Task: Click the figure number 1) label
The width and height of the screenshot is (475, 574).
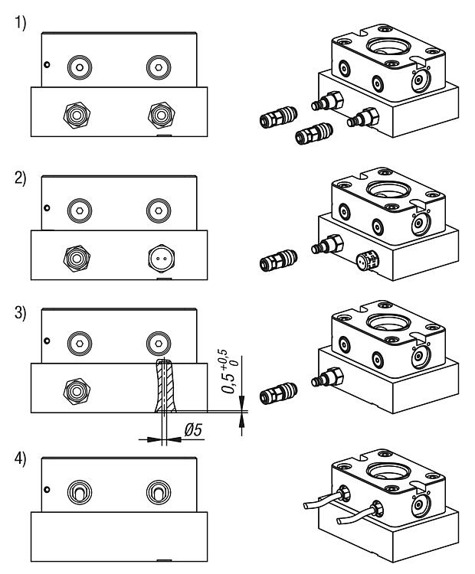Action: click(20, 23)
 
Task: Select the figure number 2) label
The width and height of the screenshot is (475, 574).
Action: click(20, 178)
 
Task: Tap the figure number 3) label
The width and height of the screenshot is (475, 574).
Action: click(20, 313)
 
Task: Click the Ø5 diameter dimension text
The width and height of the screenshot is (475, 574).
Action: click(193, 430)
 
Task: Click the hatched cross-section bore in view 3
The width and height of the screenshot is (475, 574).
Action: click(165, 386)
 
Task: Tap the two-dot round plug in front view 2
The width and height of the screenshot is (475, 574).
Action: click(161, 259)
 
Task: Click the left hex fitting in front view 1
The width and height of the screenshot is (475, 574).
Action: click(77, 115)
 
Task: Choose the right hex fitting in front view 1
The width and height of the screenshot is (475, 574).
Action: click(161, 115)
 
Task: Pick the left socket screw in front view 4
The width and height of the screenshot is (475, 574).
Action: click(80, 492)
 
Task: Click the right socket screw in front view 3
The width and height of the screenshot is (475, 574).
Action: click(159, 344)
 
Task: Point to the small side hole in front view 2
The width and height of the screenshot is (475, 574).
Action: click(47, 208)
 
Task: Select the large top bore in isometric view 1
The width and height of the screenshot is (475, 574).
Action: click(388, 47)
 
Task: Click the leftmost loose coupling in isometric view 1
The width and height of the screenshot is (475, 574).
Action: click(278, 117)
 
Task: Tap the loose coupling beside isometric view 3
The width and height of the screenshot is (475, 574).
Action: click(278, 393)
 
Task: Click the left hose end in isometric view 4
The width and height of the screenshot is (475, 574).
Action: click(306, 506)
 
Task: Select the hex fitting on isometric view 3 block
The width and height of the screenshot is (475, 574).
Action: click(328, 377)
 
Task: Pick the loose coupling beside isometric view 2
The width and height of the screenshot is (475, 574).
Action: click(278, 260)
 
